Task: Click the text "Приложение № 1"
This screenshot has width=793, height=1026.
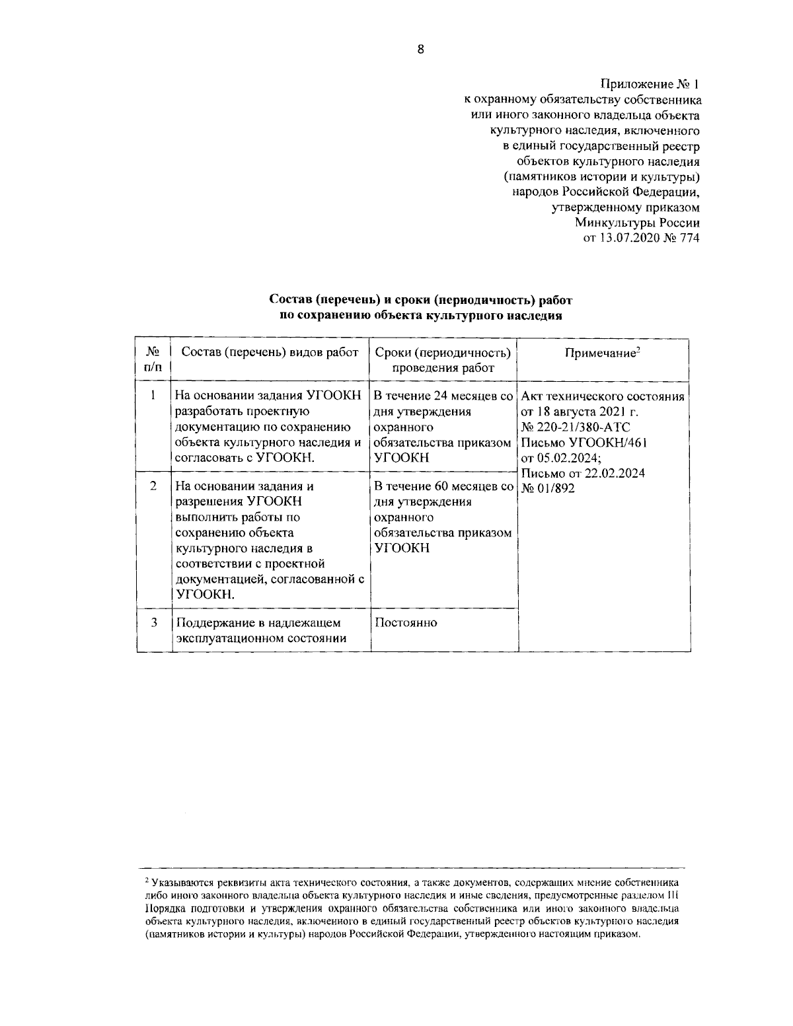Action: tap(649, 85)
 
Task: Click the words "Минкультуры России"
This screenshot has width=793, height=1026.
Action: tap(636, 223)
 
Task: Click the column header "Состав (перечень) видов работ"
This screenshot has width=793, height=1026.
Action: tap(270, 352)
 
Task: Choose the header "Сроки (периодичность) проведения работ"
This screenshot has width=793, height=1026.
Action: tap(443, 360)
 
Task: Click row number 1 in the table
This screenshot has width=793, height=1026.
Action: tap(153, 396)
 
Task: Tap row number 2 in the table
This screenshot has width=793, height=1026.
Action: tap(153, 486)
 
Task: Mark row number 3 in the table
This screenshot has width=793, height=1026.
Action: tap(153, 622)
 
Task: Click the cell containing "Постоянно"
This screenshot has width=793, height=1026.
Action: tap(406, 622)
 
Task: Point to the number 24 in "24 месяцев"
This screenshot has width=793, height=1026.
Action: tap(441, 396)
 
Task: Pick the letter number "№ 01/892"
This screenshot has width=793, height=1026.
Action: tap(548, 489)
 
